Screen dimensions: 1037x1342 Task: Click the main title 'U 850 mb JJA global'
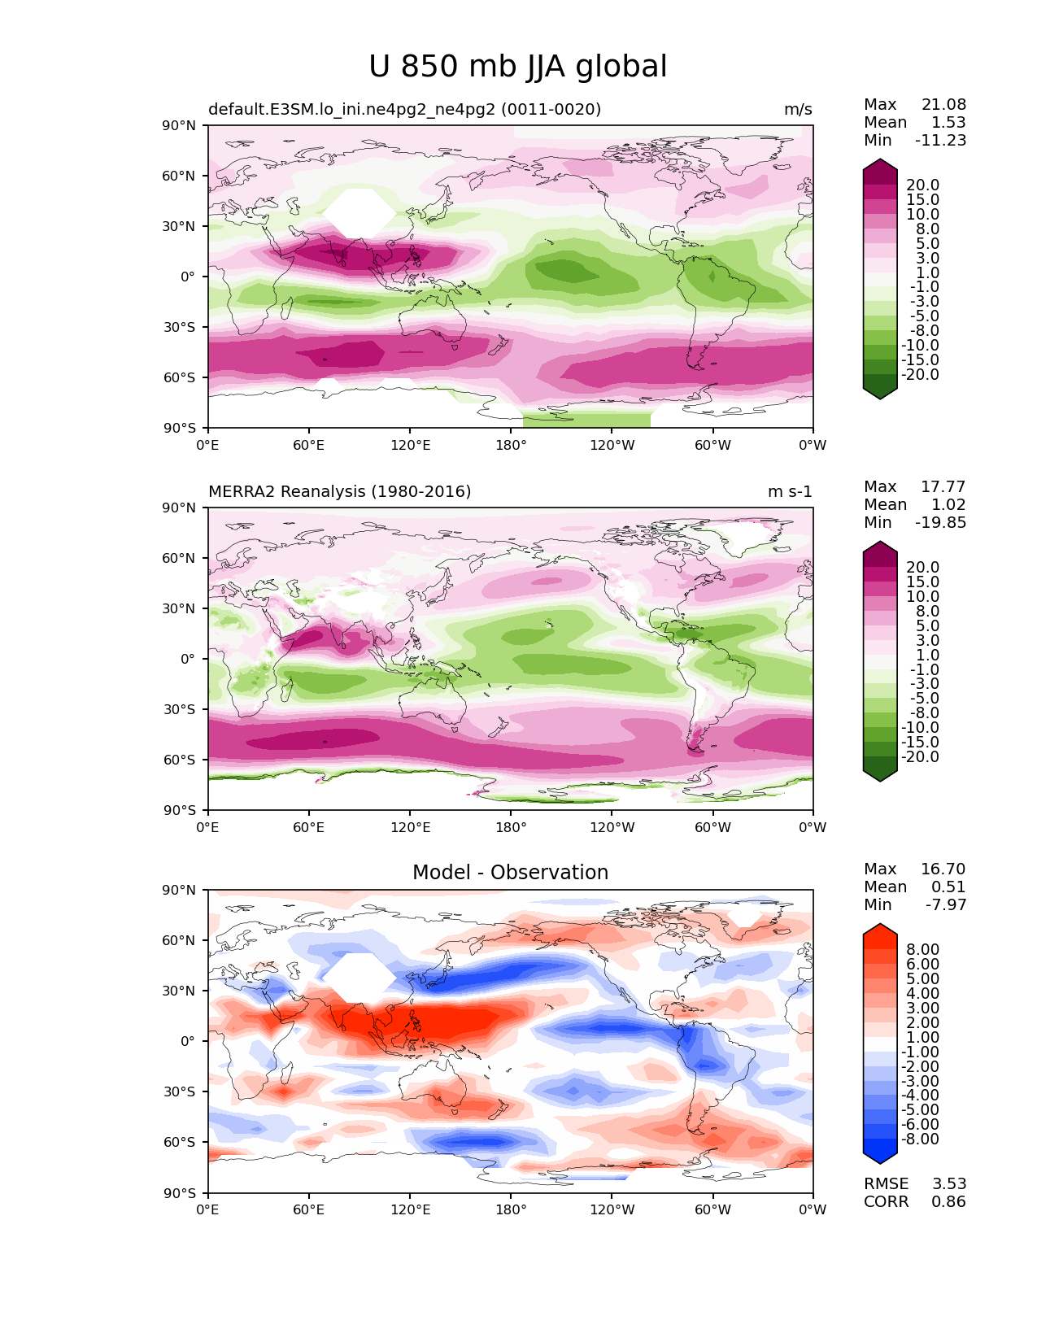(x=517, y=66)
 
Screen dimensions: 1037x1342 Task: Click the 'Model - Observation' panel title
(x=510, y=872)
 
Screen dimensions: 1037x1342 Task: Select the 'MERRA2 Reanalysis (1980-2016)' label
(x=339, y=491)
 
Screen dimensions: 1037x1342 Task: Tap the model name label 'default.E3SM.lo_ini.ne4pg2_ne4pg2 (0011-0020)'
(x=404, y=109)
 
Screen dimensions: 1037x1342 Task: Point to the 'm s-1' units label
(x=790, y=491)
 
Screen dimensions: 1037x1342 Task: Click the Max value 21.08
(x=943, y=104)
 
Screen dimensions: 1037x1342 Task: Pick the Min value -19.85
(x=941, y=522)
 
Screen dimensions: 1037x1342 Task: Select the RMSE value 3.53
(x=948, y=1183)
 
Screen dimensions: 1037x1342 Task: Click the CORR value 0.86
(x=948, y=1201)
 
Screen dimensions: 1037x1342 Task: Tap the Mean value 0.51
(x=948, y=887)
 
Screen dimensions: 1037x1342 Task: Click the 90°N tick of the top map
(x=179, y=125)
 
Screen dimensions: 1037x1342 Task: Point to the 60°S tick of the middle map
(x=179, y=760)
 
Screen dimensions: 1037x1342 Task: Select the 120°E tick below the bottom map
(x=410, y=1210)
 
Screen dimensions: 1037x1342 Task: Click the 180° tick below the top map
(x=511, y=445)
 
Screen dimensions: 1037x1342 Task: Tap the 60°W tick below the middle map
(x=712, y=827)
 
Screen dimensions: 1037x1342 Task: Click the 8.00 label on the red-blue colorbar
(x=923, y=949)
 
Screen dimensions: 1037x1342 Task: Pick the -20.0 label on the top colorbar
(x=920, y=374)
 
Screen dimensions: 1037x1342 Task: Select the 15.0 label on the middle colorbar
(x=923, y=582)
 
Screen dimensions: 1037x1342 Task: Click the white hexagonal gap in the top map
(x=359, y=213)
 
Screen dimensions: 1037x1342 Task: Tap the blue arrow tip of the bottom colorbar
(x=880, y=1162)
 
